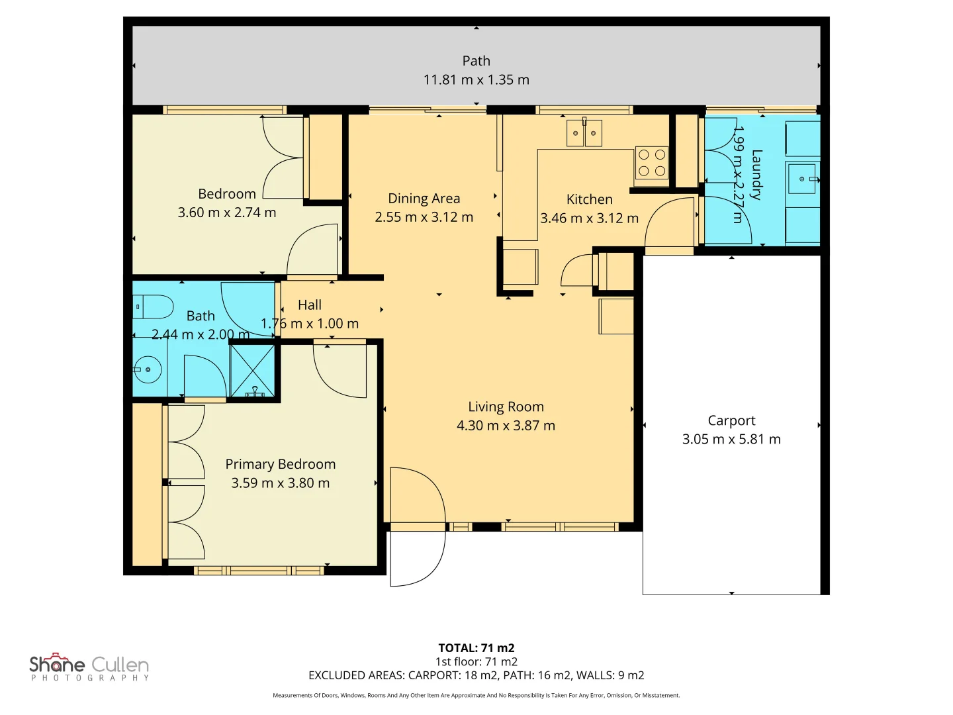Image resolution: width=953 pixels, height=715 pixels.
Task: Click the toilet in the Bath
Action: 153,307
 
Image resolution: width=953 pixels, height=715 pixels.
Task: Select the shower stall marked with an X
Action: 252,371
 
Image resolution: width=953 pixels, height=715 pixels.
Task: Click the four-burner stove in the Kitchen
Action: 652,163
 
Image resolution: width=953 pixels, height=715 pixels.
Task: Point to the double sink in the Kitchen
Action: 584,133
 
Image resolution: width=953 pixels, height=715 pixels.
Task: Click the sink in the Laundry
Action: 802,179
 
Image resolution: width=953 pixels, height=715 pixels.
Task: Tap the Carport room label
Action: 731,420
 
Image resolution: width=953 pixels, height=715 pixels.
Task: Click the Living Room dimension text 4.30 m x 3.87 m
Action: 506,426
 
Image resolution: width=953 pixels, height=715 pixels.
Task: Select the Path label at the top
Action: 476,61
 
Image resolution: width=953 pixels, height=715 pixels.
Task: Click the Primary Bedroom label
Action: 281,464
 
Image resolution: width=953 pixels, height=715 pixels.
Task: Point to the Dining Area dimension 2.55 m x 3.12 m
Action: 424,217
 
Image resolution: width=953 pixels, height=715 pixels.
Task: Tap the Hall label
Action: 310,305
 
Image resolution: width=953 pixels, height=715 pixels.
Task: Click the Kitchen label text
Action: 590,199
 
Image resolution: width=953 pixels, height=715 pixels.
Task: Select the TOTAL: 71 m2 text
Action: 476,647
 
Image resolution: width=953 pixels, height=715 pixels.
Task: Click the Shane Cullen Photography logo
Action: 89,667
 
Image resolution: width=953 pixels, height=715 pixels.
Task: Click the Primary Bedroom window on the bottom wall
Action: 259,571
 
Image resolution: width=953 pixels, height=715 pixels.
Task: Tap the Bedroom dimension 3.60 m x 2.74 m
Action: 226,213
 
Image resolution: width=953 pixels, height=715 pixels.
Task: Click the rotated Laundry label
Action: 756,175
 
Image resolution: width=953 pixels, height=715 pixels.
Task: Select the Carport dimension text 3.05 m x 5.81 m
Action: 731,440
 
